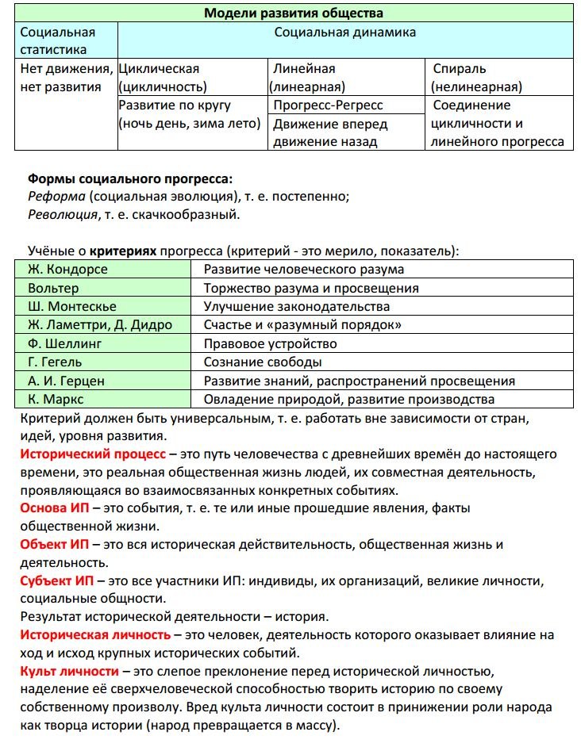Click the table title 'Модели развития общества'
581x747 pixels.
pyautogui.click(x=294, y=13)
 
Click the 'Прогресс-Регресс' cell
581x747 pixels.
pyautogui.click(x=328, y=105)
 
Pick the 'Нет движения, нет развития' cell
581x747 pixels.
pyautogui.click(x=67, y=78)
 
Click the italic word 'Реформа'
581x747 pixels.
pyautogui.click(x=56, y=197)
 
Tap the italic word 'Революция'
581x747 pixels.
pyautogui.click(x=62, y=214)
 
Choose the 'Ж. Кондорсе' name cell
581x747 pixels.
pyautogui.click(x=67, y=270)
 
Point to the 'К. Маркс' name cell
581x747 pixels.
pyautogui.click(x=56, y=399)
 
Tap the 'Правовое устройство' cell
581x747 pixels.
pyautogui.click(x=271, y=343)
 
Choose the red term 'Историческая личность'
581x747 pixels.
pyautogui.click(x=95, y=635)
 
